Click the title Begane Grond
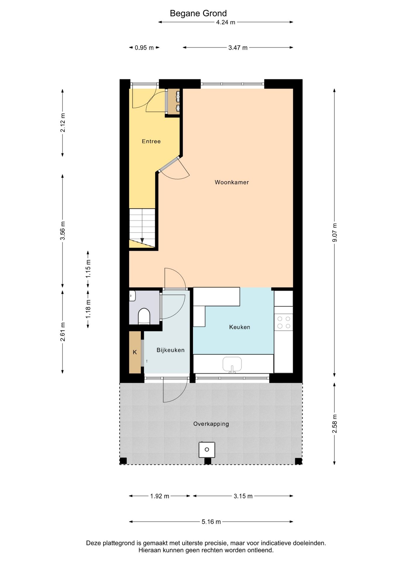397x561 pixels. (198, 13)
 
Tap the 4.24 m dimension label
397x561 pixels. (225, 22)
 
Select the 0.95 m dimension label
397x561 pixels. (144, 48)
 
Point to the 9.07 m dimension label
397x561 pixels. (335, 232)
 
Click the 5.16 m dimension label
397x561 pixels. (211, 522)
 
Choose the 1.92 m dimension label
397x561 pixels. (160, 496)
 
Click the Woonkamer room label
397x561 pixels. (232, 182)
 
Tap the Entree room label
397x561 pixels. (151, 141)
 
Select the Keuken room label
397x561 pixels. (239, 327)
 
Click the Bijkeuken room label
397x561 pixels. (170, 350)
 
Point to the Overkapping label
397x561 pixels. (211, 424)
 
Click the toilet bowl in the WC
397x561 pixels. (144, 316)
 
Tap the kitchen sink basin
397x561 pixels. (232, 364)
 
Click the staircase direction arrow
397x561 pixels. (142, 240)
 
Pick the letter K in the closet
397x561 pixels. (135, 352)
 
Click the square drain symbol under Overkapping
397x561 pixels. (207, 450)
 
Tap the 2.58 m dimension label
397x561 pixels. (335, 424)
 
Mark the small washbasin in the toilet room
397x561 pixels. (132, 296)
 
